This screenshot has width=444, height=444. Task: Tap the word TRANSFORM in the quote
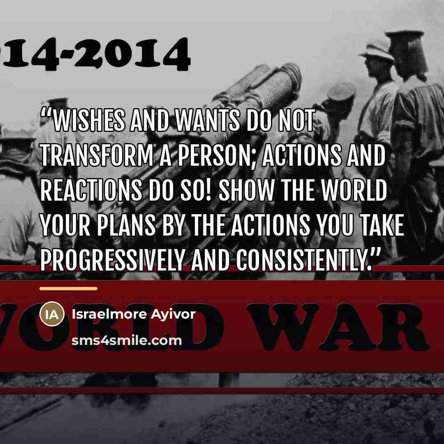click(97, 155)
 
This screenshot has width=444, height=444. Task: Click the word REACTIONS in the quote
click(91, 190)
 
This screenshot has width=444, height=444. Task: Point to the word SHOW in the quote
click(247, 190)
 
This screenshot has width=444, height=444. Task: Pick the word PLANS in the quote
click(126, 225)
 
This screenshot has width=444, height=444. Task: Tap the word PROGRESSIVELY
click(113, 261)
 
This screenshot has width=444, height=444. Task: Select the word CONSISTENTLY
click(303, 261)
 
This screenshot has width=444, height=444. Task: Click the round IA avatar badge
click(52, 314)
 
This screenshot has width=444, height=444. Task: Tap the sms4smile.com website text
click(127, 341)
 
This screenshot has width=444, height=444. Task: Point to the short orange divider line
click(69, 289)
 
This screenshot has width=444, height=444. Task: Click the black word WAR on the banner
click(338, 327)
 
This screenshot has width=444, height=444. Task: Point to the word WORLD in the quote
click(354, 190)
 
